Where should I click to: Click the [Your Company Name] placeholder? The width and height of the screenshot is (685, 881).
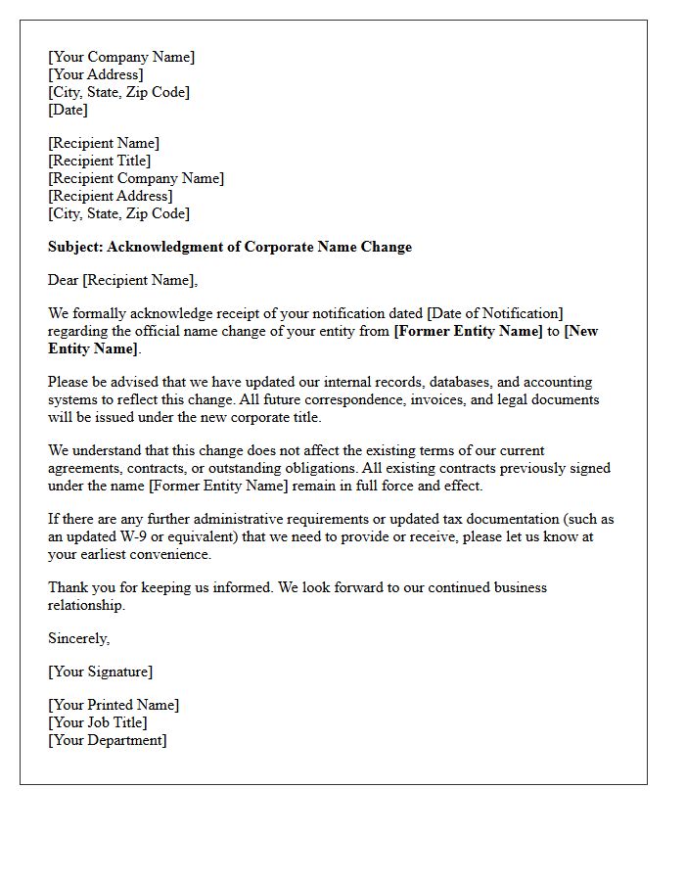[121, 57]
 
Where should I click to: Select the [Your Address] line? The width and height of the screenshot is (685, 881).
[96, 74]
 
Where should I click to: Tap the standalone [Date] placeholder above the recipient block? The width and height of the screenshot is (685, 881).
[68, 110]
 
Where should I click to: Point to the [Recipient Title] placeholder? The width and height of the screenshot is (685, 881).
[100, 161]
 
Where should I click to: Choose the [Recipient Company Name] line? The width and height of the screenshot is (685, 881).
[136, 178]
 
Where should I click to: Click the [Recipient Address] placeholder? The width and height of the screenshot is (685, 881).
[111, 196]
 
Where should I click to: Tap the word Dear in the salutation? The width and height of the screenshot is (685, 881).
[64, 280]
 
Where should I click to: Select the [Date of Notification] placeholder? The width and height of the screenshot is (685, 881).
[495, 313]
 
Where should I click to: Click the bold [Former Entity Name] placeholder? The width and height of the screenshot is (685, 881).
[468, 331]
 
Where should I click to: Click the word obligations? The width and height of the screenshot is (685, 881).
[317, 468]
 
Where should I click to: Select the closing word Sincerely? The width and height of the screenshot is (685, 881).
[79, 638]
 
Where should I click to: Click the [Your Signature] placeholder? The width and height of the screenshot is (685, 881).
[101, 672]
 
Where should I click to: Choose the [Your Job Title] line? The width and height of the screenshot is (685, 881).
[98, 722]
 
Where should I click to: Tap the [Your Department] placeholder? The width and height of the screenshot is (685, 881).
[108, 740]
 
